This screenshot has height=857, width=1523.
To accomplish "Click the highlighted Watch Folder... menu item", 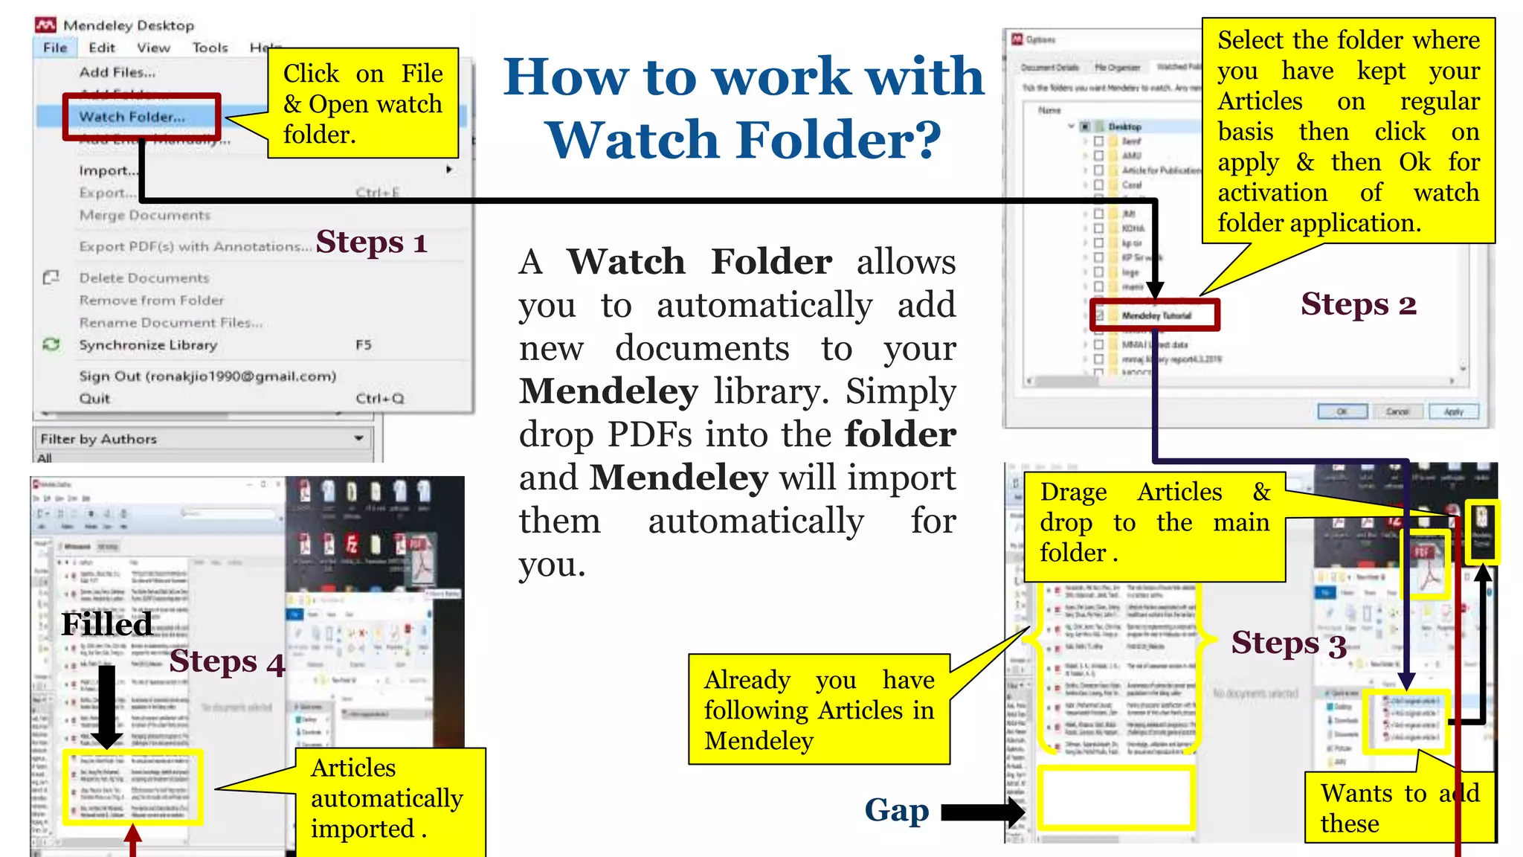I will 132,117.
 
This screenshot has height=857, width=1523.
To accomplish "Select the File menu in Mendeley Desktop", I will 55,48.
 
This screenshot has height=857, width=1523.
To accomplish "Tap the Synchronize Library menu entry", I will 148,345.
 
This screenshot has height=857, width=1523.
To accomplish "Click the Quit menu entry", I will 94,399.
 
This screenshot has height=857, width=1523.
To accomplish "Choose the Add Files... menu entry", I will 117,72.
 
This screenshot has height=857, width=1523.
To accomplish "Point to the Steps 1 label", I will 371,243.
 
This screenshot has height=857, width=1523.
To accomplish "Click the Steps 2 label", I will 1358,304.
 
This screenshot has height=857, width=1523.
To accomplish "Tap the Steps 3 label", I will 1288,643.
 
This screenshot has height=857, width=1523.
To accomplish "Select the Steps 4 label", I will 227,661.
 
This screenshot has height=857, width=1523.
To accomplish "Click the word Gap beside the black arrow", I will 896,810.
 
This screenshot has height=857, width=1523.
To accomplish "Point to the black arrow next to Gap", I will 983,812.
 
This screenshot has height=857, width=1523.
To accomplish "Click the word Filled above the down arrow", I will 106,624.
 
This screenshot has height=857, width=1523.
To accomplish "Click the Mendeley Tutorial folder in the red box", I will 1156,315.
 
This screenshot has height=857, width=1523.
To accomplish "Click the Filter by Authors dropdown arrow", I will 358,438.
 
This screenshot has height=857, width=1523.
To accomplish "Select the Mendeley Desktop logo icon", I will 45,25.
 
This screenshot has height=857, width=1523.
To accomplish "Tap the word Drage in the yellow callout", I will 1073,492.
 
